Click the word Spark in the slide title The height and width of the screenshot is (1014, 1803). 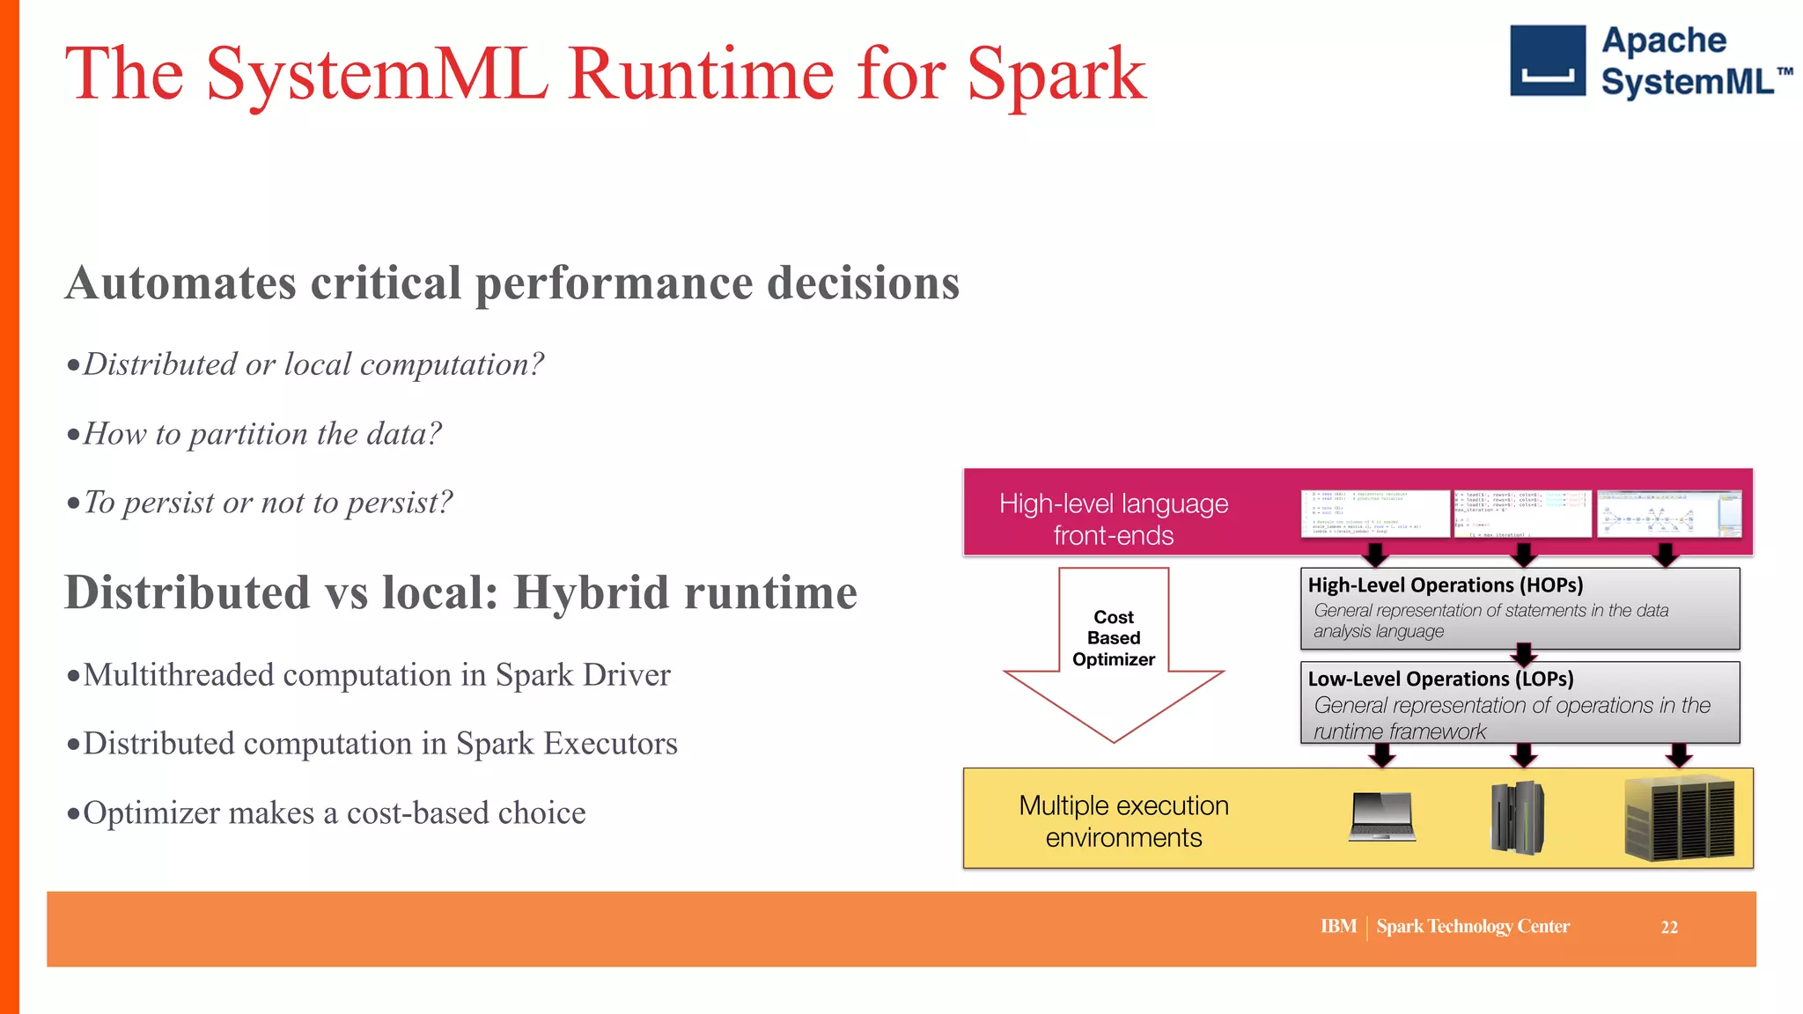[1056, 75]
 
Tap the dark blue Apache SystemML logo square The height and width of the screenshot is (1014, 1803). [1547, 60]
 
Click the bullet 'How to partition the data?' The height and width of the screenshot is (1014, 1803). [261, 434]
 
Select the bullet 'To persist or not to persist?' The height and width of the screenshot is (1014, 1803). [268, 503]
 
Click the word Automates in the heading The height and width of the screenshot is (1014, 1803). [180, 283]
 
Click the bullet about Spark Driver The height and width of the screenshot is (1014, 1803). [376, 675]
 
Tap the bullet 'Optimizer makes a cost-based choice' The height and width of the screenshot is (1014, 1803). [334, 813]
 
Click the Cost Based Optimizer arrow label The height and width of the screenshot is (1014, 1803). [1113, 638]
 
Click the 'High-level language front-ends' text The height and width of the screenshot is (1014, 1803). [1113, 519]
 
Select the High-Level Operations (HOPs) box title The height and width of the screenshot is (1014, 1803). [1445, 585]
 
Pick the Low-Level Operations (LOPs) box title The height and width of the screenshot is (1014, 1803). [1440, 679]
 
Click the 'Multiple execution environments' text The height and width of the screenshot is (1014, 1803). [1123, 820]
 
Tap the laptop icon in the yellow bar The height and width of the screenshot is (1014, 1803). [1382, 817]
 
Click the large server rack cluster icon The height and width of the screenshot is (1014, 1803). [1680, 818]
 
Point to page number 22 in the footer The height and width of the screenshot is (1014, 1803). [1668, 928]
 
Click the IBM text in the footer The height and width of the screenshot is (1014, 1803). [1338, 927]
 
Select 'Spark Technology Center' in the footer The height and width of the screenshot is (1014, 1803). [1472, 927]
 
